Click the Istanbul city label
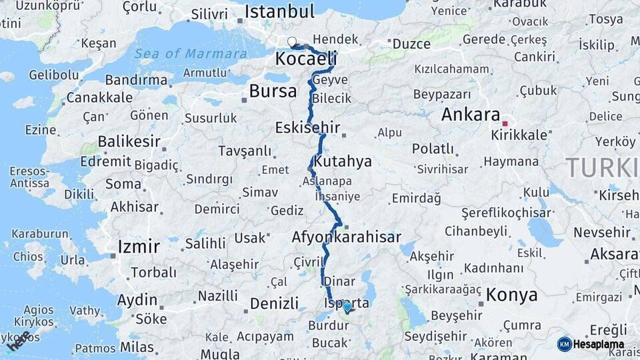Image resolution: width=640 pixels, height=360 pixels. (279, 11)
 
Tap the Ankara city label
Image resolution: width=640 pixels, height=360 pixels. (471, 114)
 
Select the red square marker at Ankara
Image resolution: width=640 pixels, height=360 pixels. (505, 123)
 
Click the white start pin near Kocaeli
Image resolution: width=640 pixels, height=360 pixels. (292, 42)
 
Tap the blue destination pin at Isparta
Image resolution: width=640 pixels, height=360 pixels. (347, 307)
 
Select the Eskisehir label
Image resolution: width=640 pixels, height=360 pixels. (308, 127)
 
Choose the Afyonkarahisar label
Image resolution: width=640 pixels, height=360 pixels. (346, 237)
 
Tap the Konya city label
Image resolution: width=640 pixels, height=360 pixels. (511, 294)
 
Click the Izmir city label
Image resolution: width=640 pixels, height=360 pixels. (139, 247)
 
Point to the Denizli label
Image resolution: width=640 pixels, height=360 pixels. (274, 303)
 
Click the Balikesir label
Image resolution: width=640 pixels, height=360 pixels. (129, 141)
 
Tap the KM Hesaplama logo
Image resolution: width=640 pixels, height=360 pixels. (591, 344)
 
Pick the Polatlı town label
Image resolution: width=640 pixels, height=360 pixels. (433, 148)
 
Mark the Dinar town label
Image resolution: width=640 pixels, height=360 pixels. (339, 281)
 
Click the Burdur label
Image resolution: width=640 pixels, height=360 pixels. (328, 326)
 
